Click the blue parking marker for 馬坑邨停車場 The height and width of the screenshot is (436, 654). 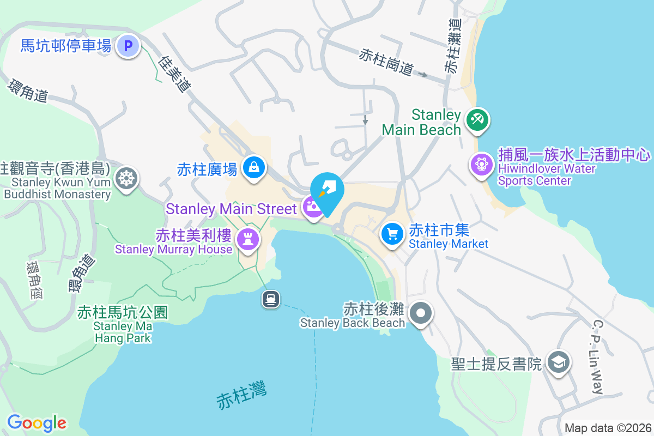[129, 46]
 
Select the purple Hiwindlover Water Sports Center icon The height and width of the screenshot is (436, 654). [481, 163]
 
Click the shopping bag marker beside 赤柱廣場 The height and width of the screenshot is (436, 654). [254, 167]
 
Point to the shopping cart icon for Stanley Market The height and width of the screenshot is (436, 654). [392, 234]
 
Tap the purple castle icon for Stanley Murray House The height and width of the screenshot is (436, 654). [248, 239]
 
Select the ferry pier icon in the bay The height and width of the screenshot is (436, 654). [271, 299]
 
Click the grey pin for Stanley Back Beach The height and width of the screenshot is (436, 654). [421, 313]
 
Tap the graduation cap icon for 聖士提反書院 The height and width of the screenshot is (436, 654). [559, 362]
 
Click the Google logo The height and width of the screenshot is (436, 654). [37, 423]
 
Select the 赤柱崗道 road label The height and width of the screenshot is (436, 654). [386, 62]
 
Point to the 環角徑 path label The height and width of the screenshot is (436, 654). [34, 280]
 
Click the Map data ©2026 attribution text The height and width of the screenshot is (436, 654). [607, 428]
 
